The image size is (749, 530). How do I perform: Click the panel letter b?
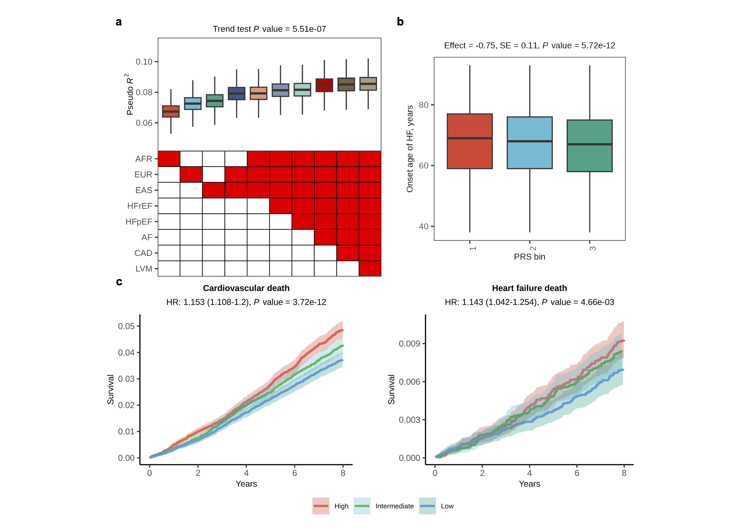pyautogui.click(x=400, y=22)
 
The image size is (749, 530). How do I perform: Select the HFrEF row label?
pyautogui.click(x=140, y=206)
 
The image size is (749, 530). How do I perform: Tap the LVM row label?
pyautogui.click(x=144, y=269)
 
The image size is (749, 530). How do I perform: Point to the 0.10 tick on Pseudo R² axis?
pyautogui.click(x=144, y=62)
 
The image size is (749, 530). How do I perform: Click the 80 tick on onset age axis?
pyautogui.click(x=424, y=105)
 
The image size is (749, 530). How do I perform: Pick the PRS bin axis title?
pyautogui.click(x=529, y=257)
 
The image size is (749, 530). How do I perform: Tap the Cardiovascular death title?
pyautogui.click(x=246, y=288)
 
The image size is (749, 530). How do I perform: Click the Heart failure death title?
pyautogui.click(x=529, y=288)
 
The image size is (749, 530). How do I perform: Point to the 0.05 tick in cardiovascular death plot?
pyautogui.click(x=126, y=326)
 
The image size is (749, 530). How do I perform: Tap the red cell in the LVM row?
pyautogui.click(x=370, y=269)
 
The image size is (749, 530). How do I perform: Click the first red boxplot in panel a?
pyautogui.click(x=171, y=111)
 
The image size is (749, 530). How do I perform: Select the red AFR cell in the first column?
pyautogui.click(x=169, y=159)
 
